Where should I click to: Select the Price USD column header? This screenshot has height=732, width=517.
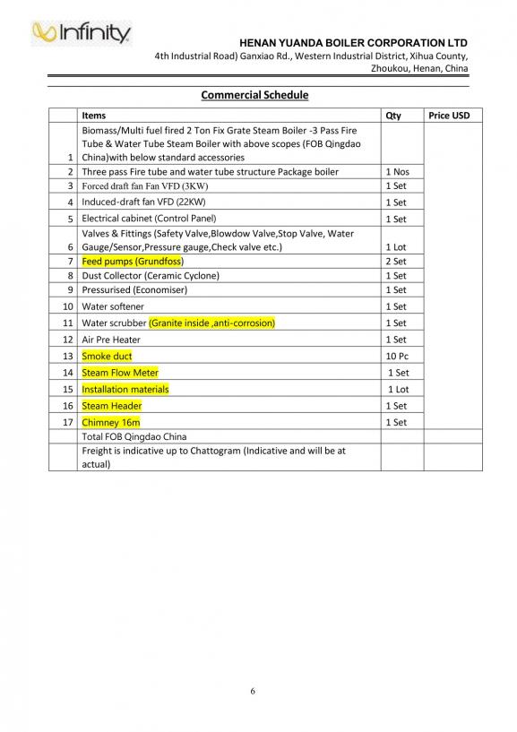click(x=449, y=116)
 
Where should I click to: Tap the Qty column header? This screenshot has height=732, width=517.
click(x=393, y=116)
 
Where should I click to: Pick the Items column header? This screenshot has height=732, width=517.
click(x=93, y=116)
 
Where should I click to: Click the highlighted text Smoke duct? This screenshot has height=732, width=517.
click(x=107, y=356)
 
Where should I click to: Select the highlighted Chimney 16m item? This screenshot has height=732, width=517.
click(x=110, y=422)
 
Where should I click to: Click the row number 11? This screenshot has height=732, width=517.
click(x=68, y=323)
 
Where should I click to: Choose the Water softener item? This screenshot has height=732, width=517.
click(x=112, y=306)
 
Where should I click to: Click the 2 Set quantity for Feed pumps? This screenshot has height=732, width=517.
click(x=395, y=262)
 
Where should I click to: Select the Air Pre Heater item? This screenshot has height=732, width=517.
click(x=111, y=340)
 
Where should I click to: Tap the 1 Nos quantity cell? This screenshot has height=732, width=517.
click(x=397, y=172)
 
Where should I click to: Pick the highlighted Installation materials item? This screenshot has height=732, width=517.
click(x=125, y=389)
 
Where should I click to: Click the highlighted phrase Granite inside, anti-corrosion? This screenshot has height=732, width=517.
click(x=211, y=323)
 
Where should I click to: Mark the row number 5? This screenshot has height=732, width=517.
click(x=70, y=219)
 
